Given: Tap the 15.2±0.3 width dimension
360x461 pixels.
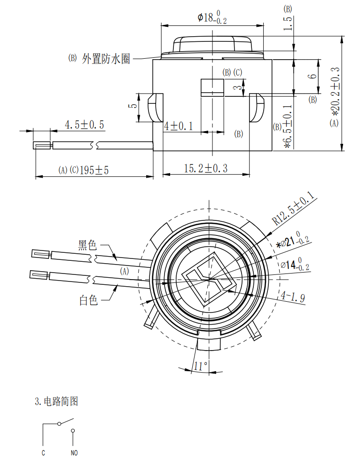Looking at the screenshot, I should (x=205, y=168).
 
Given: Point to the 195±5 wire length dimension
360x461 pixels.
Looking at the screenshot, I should (x=94, y=170).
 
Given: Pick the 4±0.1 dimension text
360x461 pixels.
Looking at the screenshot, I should (x=179, y=126).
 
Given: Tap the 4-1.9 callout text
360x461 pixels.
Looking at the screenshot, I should (x=293, y=297).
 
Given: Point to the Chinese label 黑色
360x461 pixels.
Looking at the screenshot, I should (x=87, y=245).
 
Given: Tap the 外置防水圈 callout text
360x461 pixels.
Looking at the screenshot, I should (x=106, y=59).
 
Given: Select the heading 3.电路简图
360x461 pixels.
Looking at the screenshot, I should (x=56, y=401).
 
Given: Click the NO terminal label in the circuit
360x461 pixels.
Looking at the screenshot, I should (x=74, y=453).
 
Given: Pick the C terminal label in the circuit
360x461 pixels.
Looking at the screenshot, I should (x=43, y=453).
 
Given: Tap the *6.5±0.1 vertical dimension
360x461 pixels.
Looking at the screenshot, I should (x=288, y=125).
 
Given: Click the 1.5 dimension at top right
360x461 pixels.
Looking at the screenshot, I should (x=288, y=23).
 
